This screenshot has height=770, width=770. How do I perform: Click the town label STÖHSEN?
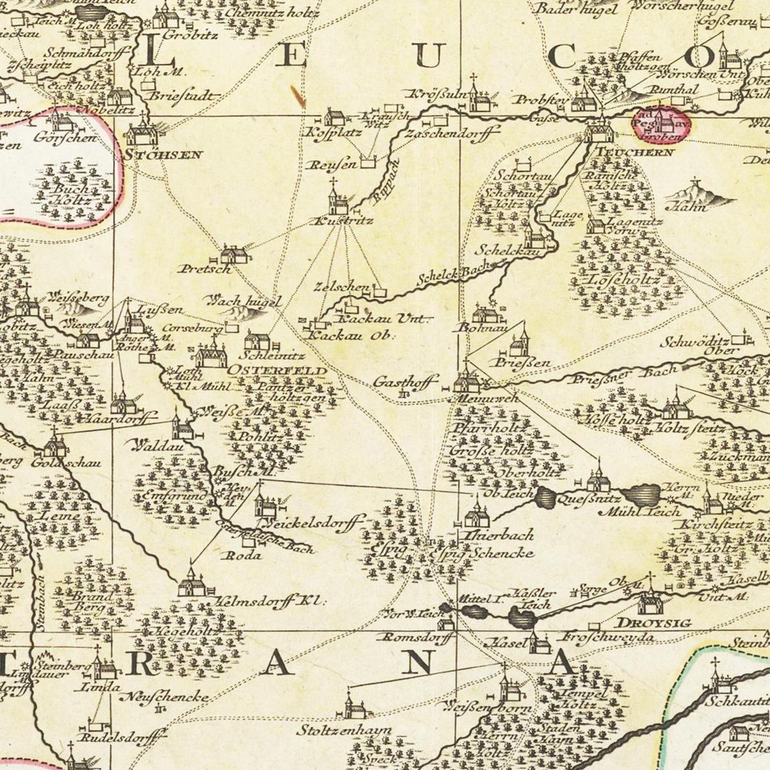164,155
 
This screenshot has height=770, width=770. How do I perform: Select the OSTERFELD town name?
277,372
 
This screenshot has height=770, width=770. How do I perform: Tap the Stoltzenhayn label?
344,730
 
